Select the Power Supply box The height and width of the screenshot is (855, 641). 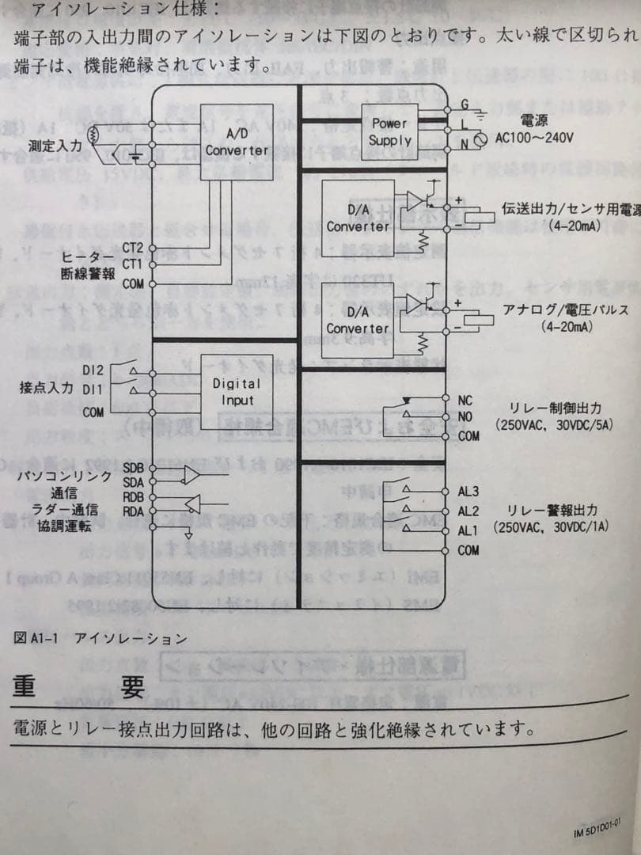[389, 132]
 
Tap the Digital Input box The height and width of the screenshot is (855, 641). [237, 392]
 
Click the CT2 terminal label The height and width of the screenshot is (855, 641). [132, 248]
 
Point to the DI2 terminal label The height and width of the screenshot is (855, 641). [93, 370]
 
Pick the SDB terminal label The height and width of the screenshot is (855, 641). [133, 468]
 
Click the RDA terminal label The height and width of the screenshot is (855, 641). [133, 511]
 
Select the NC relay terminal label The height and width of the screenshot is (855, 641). [465, 401]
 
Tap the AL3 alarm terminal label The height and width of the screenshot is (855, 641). [468, 492]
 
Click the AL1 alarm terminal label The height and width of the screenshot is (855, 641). [468, 530]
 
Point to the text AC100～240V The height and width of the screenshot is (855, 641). [534, 137]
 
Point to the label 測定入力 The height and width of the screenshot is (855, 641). [55, 146]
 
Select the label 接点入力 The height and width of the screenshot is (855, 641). [47, 388]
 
